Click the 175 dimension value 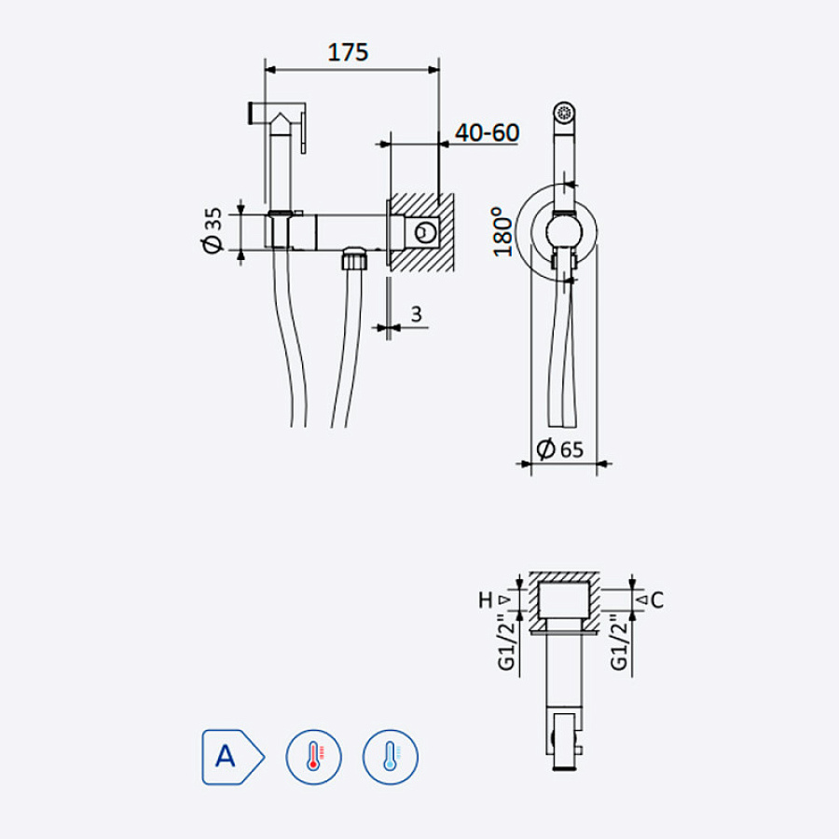pyautogui.click(x=348, y=52)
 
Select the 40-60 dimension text pyautogui.click(x=487, y=132)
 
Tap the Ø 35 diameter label pyautogui.click(x=212, y=230)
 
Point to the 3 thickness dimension pyautogui.click(x=417, y=314)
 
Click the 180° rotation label pyautogui.click(x=503, y=232)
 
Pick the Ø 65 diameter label pyautogui.click(x=559, y=449)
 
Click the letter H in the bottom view pyautogui.click(x=486, y=599)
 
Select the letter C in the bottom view pyautogui.click(x=657, y=599)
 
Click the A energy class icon pyautogui.click(x=233, y=757)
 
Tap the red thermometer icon pyautogui.click(x=313, y=757)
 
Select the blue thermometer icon pyautogui.click(x=390, y=757)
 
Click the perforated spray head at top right pyautogui.click(x=564, y=113)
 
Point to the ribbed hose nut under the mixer pyautogui.click(x=355, y=259)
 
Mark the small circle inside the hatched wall pyautogui.click(x=426, y=232)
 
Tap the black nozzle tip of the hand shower pyautogui.click(x=250, y=114)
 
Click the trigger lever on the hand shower pyautogui.click(x=303, y=129)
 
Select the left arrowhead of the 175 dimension pyautogui.click(x=270, y=70)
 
